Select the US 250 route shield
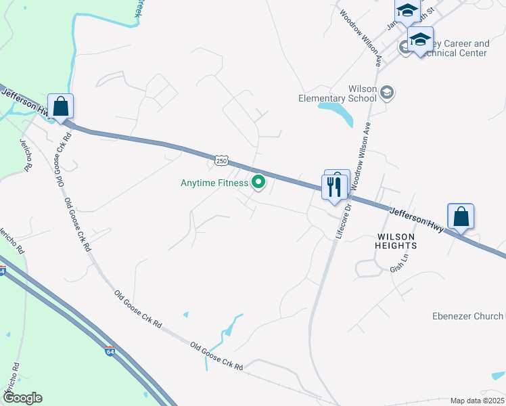(221, 160)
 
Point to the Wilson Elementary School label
(338, 93)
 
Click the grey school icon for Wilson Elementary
(387, 93)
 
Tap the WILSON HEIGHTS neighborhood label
(396, 240)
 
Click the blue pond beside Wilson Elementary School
(338, 112)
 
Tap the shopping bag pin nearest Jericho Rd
(61, 108)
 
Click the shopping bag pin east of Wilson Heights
(461, 217)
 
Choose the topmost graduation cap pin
(407, 12)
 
